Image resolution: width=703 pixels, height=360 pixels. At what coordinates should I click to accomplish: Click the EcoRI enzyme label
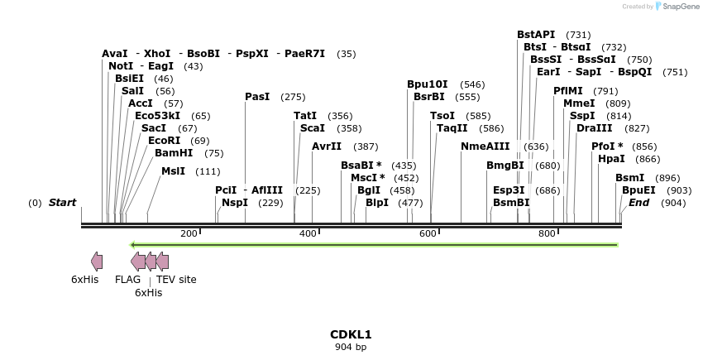click(x=164, y=141)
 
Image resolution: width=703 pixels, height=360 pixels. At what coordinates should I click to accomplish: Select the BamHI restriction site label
click(x=174, y=153)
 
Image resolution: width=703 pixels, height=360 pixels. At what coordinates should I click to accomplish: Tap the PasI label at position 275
click(x=257, y=97)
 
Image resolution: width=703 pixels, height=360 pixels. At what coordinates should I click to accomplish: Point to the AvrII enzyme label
click(x=327, y=146)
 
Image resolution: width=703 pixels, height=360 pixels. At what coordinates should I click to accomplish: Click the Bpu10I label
click(x=428, y=84)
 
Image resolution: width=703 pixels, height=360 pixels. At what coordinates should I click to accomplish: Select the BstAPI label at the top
click(x=536, y=35)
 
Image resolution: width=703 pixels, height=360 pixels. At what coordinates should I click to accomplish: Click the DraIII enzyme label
click(x=595, y=128)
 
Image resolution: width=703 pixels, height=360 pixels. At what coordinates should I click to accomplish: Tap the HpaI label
click(x=611, y=159)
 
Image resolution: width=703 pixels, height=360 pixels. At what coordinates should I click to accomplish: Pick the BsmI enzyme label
click(x=629, y=178)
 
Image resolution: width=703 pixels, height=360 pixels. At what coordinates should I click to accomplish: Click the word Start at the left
click(x=62, y=203)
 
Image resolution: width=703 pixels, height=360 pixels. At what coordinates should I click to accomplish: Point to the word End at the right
click(x=638, y=203)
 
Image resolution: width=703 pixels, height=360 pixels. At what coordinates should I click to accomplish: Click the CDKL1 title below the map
click(x=351, y=334)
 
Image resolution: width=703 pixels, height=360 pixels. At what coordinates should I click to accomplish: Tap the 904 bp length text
click(x=351, y=348)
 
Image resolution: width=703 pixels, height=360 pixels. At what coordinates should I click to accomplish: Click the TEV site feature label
click(x=176, y=280)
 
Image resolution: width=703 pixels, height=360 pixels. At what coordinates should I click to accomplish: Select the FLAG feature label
click(x=127, y=280)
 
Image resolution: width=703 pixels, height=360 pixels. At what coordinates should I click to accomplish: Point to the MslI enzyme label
click(x=174, y=171)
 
